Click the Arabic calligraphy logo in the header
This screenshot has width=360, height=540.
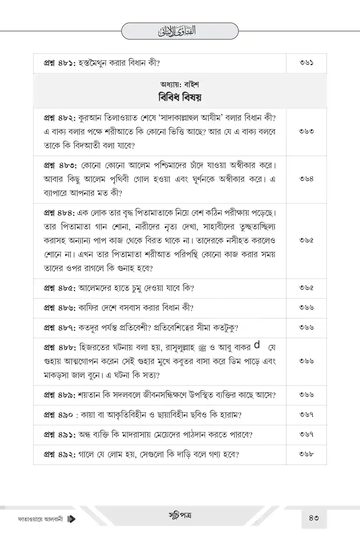(180, 31)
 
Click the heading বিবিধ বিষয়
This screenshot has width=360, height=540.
(180, 98)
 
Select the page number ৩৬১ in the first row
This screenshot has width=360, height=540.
(306, 63)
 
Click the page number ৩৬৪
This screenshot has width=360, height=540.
(306, 179)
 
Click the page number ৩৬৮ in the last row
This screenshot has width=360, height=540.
(306, 454)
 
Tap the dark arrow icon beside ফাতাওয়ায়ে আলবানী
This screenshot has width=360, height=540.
(71, 518)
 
